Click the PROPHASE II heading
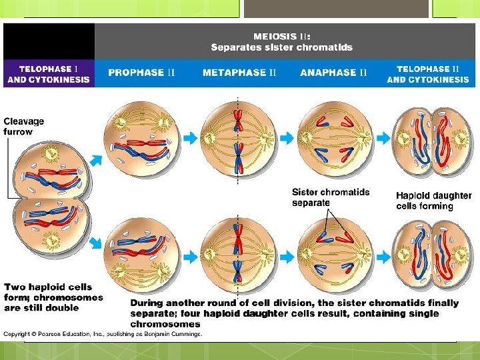click(x=141, y=73)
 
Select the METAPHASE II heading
click(x=239, y=73)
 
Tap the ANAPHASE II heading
click(x=333, y=73)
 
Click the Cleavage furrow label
click(x=24, y=126)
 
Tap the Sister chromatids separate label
click(x=330, y=197)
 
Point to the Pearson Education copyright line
click(x=103, y=334)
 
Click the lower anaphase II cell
click(x=333, y=256)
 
